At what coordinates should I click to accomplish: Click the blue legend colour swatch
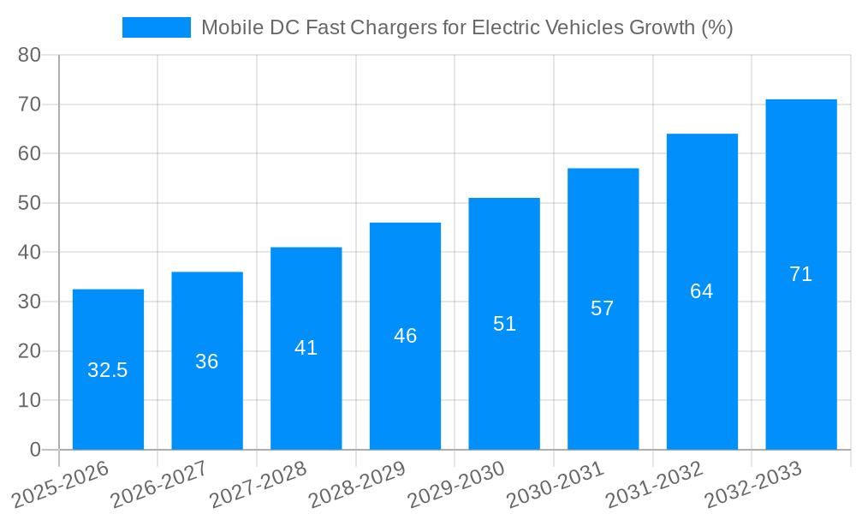click(157, 27)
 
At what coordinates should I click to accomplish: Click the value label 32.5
click(108, 370)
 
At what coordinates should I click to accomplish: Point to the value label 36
click(207, 362)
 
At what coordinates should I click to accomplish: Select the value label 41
click(306, 348)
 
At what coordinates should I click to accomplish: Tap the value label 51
click(504, 324)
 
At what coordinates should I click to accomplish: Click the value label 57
click(603, 308)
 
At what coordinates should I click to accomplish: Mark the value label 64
click(702, 291)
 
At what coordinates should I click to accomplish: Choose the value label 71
click(800, 274)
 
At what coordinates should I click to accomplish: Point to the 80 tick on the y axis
click(29, 55)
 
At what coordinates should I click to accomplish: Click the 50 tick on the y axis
click(29, 203)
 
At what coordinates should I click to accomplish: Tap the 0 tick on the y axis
click(35, 450)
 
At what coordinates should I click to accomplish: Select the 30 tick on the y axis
click(29, 302)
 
